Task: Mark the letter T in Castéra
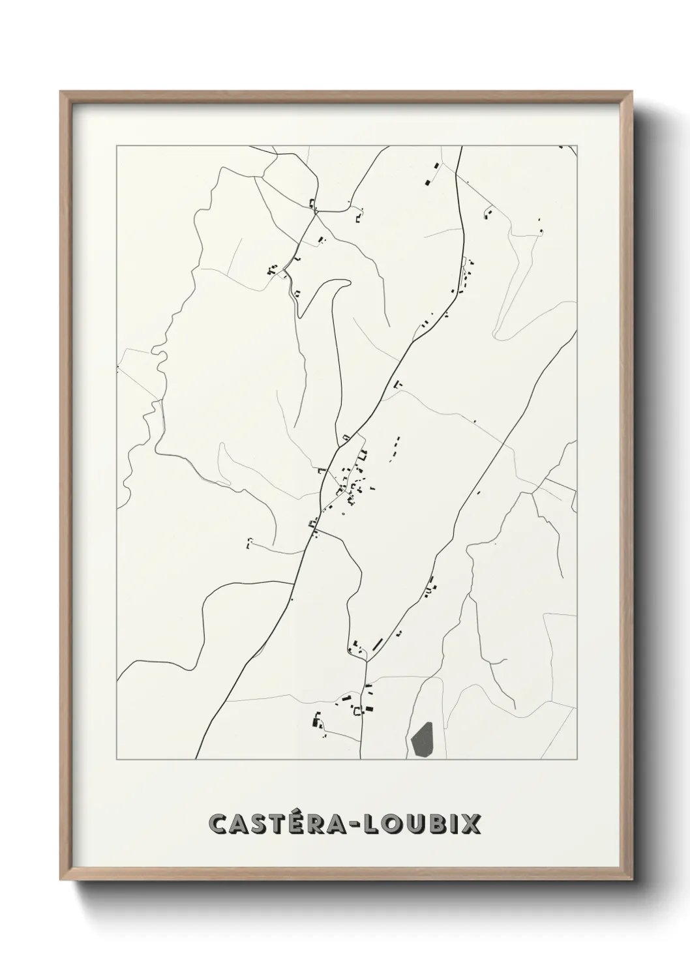(x=275, y=824)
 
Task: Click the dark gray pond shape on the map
(x=423, y=739)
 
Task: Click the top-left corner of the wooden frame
(x=61, y=93)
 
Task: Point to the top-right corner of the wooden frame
(x=631, y=93)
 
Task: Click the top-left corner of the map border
(x=117, y=147)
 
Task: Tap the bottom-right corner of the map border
(x=577, y=760)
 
